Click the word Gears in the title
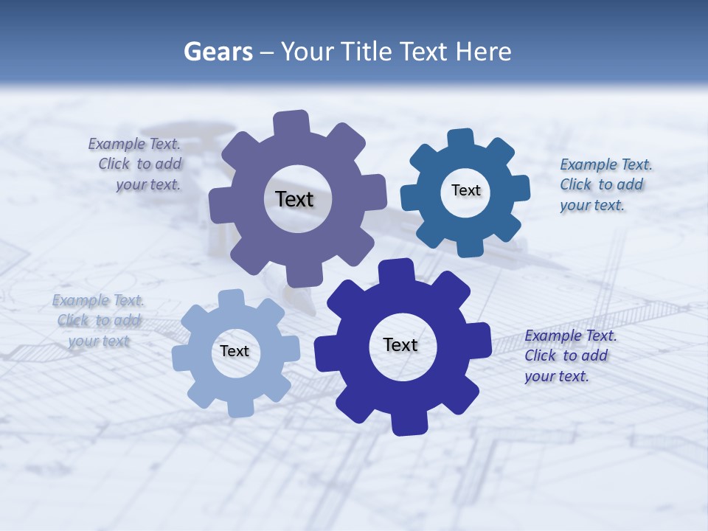pyautogui.click(x=218, y=52)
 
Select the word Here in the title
pyautogui.click(x=483, y=52)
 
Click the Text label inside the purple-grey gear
pyautogui.click(x=294, y=199)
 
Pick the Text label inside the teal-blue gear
pyautogui.click(x=465, y=190)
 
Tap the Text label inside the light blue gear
pyautogui.click(x=235, y=351)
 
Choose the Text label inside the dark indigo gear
pyautogui.click(x=400, y=344)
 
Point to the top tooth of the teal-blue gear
pyautogui.click(x=461, y=139)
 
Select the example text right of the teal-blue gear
pyautogui.click(x=602, y=184)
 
